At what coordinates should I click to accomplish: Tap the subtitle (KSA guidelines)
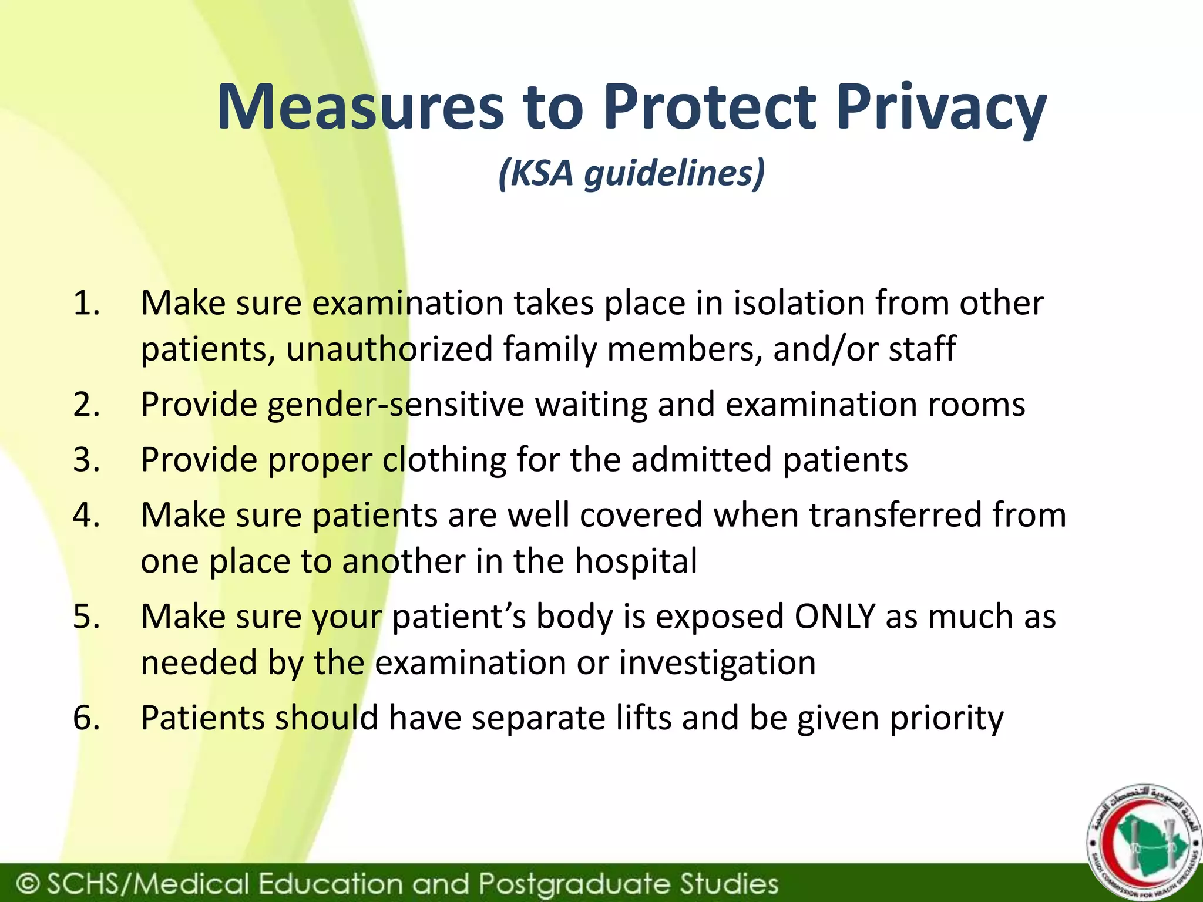pyautogui.click(x=631, y=173)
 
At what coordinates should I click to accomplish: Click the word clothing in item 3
pyautogui.click(x=444, y=460)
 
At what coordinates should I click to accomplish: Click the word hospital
pyautogui.click(x=636, y=561)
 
